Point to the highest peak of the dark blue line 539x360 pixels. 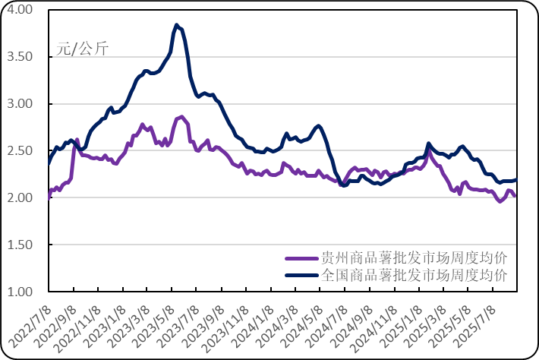tap(176, 25)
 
